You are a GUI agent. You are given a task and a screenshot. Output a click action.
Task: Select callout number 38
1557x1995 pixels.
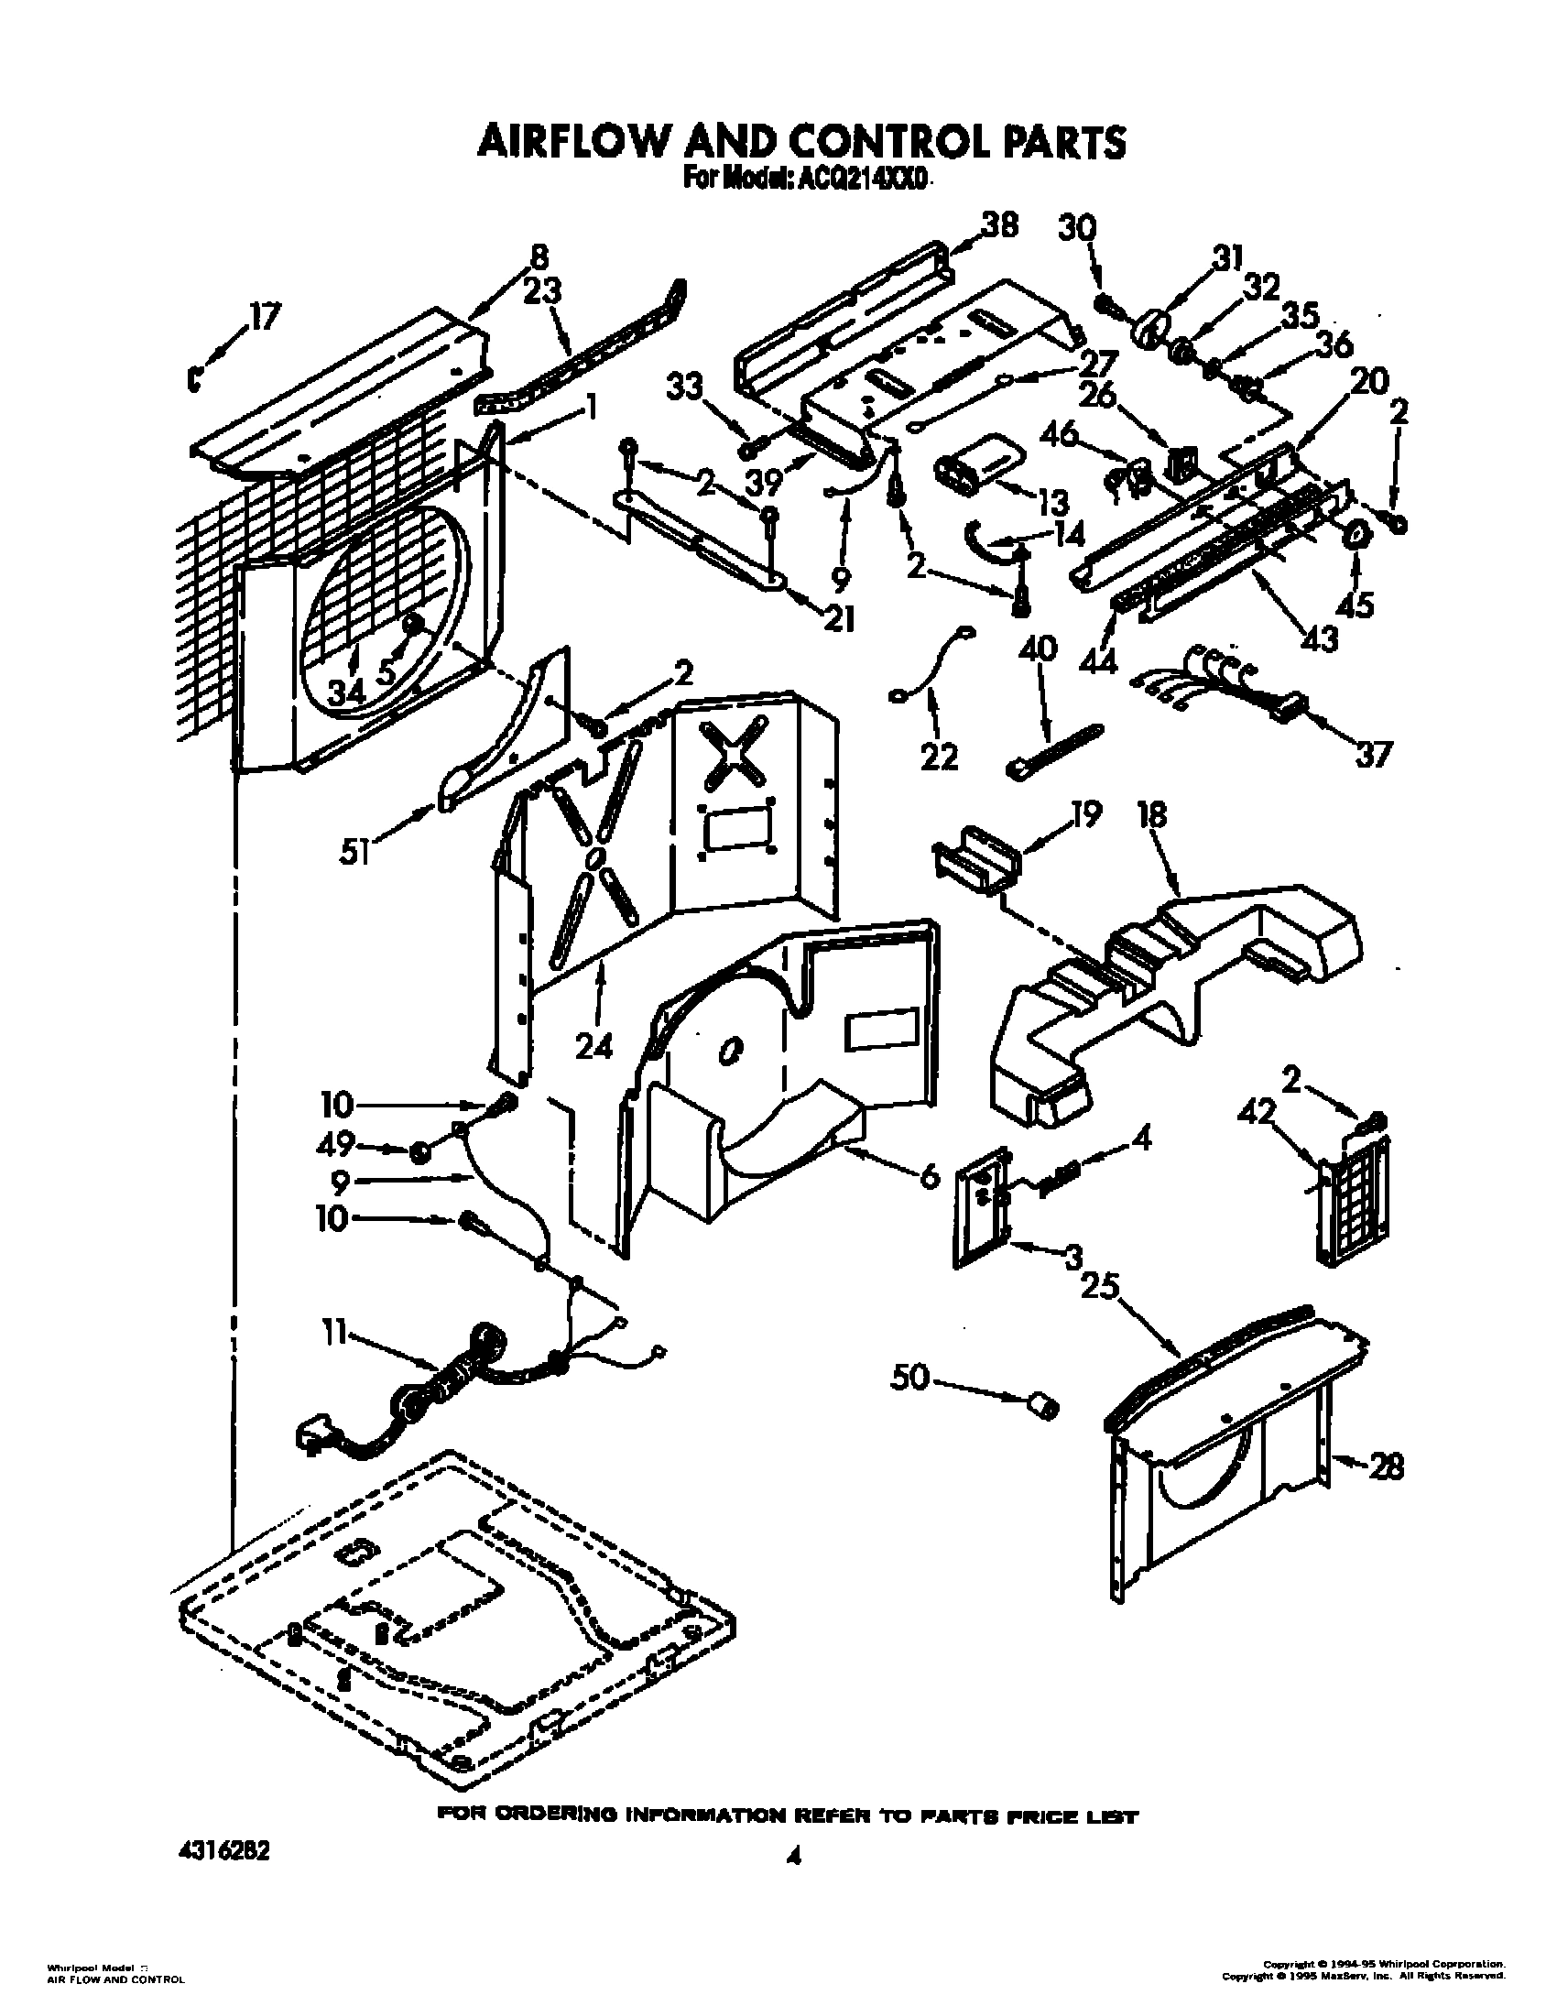(x=999, y=226)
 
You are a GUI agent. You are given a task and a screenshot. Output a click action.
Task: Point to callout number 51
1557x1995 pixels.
(x=354, y=853)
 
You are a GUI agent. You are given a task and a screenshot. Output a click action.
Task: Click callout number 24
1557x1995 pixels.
(x=593, y=1045)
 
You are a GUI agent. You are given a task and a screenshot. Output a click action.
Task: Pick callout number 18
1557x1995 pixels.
(x=1153, y=815)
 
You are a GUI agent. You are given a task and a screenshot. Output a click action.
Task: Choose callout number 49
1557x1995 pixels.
(x=336, y=1145)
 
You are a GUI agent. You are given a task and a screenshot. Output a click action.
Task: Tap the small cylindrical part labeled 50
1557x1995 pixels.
(x=1043, y=1430)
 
